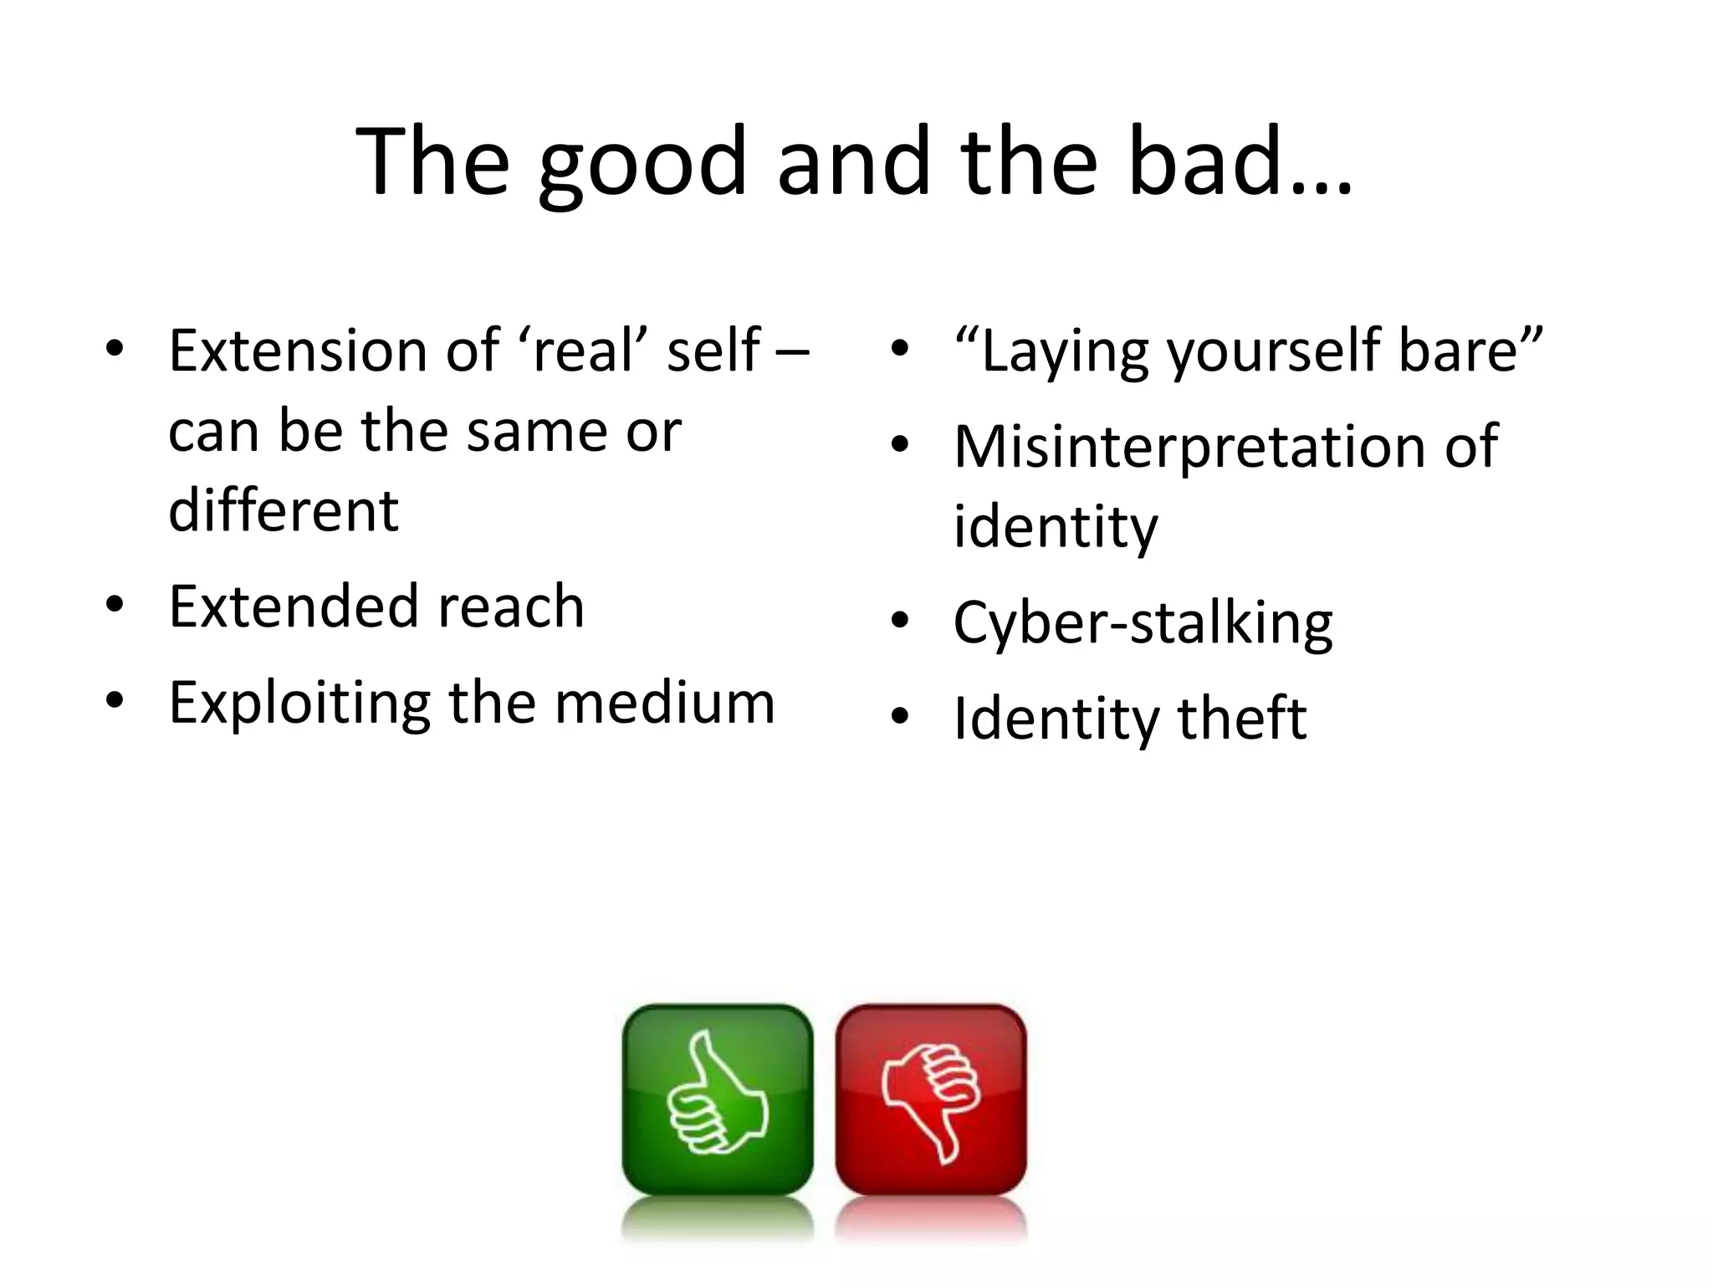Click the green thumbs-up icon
(x=718, y=1099)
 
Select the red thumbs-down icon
(x=931, y=1099)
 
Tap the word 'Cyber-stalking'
(x=1143, y=623)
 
